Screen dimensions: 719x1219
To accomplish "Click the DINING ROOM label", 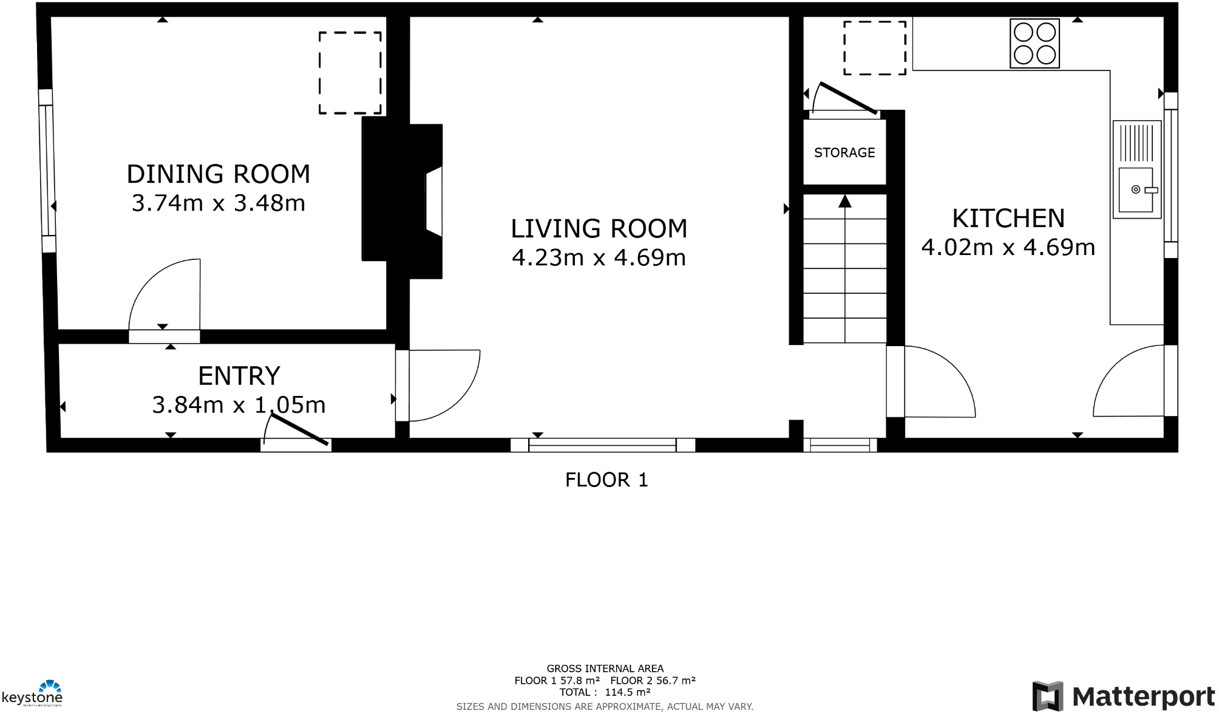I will pos(218,174).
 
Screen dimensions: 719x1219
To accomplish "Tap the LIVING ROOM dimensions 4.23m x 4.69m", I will pos(599,258).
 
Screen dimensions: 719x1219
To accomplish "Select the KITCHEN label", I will pos(1008,218).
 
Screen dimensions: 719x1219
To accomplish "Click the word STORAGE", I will pos(844,153).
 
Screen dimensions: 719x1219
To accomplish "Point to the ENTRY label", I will pos(239,376).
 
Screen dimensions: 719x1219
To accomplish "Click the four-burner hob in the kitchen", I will pos(1034,43).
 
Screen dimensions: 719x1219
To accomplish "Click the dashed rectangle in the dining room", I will pos(350,73).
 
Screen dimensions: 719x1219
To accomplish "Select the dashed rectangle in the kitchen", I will pos(874,48).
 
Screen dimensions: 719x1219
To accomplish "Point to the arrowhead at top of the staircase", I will pos(844,201).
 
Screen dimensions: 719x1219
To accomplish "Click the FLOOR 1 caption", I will pos(606,480).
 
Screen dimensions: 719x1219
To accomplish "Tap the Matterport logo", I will pos(1123,697).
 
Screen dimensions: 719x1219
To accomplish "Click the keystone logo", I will pos(33,694).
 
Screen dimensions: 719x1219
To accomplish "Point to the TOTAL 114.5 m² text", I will pos(605,692).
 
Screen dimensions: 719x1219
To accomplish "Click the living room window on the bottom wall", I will pos(602,445).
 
